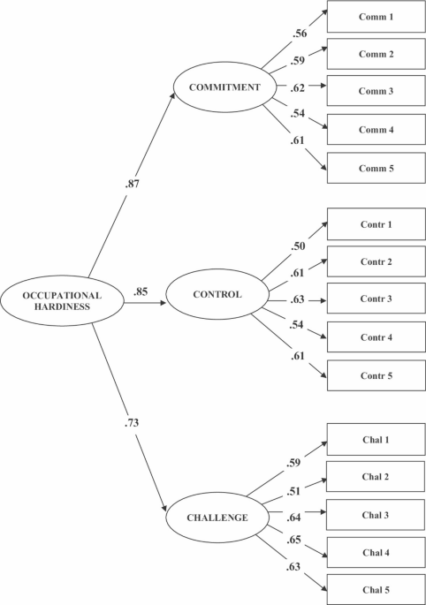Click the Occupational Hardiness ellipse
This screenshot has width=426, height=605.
click(x=63, y=300)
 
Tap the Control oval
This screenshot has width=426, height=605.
click(x=216, y=294)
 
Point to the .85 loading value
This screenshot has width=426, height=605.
click(x=141, y=291)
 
